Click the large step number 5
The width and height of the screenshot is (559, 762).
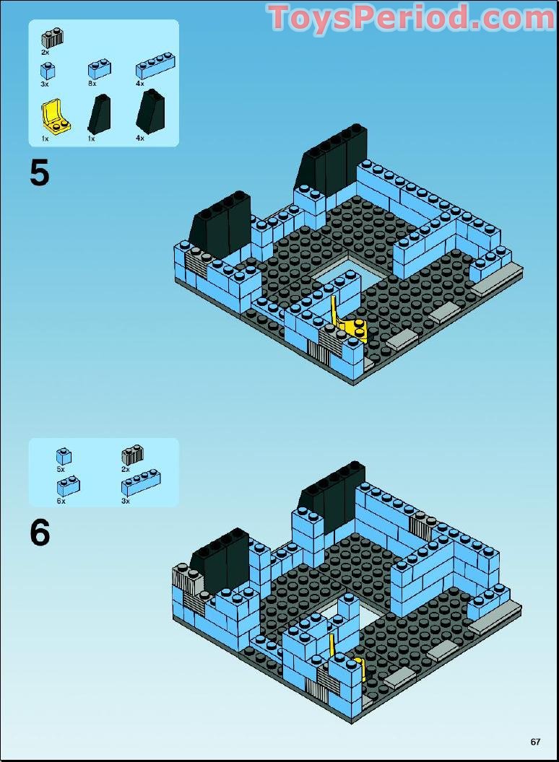pos(40,173)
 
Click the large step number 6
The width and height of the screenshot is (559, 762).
pos(40,533)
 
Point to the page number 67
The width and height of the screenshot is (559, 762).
pos(535,741)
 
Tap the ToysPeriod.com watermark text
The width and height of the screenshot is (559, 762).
pos(411,18)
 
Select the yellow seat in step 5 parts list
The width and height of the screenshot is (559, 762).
pos(53,117)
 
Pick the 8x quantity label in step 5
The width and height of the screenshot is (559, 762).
pos(92,84)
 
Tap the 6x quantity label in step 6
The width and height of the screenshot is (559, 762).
pos(61,501)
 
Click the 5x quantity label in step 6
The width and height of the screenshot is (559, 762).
pos(61,469)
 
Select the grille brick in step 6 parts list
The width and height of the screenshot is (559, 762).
pos(132,455)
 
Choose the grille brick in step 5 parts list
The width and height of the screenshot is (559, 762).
pos(52,38)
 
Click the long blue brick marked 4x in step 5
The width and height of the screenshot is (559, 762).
pos(154,66)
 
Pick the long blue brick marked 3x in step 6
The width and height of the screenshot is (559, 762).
pos(141,483)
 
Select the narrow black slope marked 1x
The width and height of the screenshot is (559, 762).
pos(98,113)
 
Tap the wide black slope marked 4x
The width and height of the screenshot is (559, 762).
pos(149,110)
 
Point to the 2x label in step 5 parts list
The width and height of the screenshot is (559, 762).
pos(45,53)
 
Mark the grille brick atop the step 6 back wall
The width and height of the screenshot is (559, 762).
pos(420,527)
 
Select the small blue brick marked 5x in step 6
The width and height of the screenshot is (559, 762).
pos(64,456)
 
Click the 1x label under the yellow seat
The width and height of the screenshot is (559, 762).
pos(45,138)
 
